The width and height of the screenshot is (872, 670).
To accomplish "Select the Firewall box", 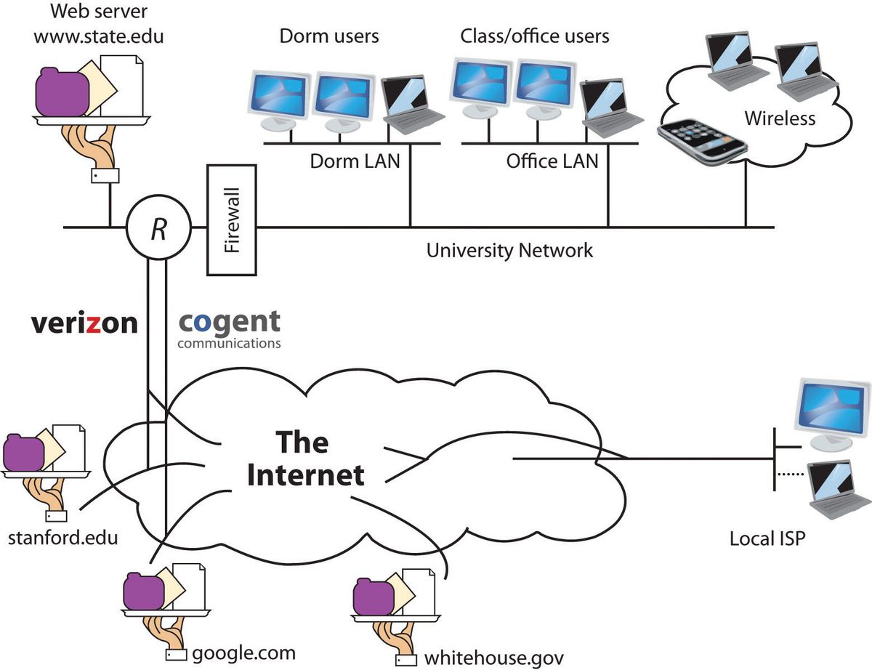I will point(232,220).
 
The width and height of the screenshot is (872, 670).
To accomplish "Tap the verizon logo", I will point(84,323).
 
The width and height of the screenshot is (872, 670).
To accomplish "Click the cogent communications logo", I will point(229,328).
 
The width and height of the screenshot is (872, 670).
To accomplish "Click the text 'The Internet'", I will point(304,458).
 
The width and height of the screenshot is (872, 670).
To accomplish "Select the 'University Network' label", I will point(509,251).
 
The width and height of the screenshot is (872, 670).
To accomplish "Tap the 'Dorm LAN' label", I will point(355,161).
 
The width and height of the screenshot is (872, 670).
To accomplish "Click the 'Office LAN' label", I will point(552,161).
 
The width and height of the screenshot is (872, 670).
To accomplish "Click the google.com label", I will point(243,652).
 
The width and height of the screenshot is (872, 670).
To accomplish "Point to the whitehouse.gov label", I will point(493,658).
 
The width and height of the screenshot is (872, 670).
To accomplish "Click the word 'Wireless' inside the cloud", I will point(780,118).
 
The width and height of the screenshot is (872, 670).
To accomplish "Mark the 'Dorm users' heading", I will point(329,36).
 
